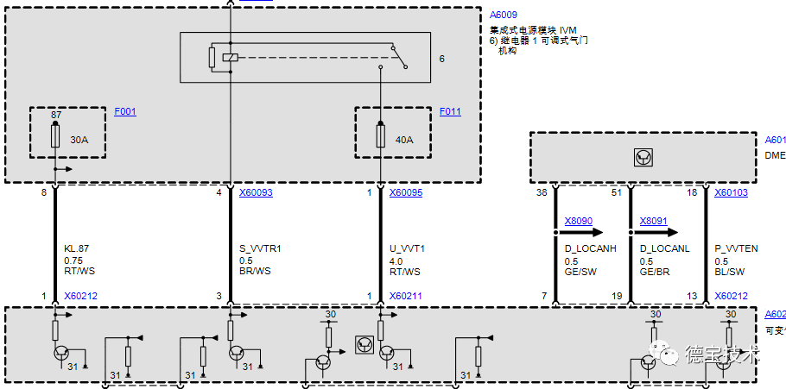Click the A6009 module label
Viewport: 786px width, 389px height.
pyautogui.click(x=504, y=15)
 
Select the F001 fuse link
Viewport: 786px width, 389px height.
pyautogui.click(x=125, y=111)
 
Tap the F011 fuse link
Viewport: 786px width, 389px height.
pyautogui.click(x=450, y=111)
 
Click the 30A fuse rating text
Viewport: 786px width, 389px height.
pyautogui.click(x=79, y=139)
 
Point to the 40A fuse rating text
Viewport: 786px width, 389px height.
pyautogui.click(x=403, y=139)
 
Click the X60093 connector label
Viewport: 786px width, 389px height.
pyautogui.click(x=256, y=192)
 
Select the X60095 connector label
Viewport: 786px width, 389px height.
pyautogui.click(x=406, y=192)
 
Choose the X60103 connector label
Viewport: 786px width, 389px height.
pyautogui.click(x=731, y=192)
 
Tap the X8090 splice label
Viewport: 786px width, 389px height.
pyautogui.click(x=579, y=221)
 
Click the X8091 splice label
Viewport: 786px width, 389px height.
pyautogui.click(x=654, y=221)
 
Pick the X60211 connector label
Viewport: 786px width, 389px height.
pyautogui.click(x=406, y=296)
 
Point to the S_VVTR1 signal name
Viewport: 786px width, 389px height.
pyautogui.click(x=260, y=248)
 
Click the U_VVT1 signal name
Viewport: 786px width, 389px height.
pyautogui.click(x=406, y=248)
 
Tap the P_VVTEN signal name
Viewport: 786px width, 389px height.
pyautogui.click(x=736, y=248)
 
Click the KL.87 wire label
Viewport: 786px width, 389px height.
pyautogui.click(x=76, y=248)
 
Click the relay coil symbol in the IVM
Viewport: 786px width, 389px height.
pyautogui.click(x=230, y=58)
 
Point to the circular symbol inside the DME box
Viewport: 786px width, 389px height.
pyautogui.click(x=642, y=157)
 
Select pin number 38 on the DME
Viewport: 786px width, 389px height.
pyautogui.click(x=542, y=192)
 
